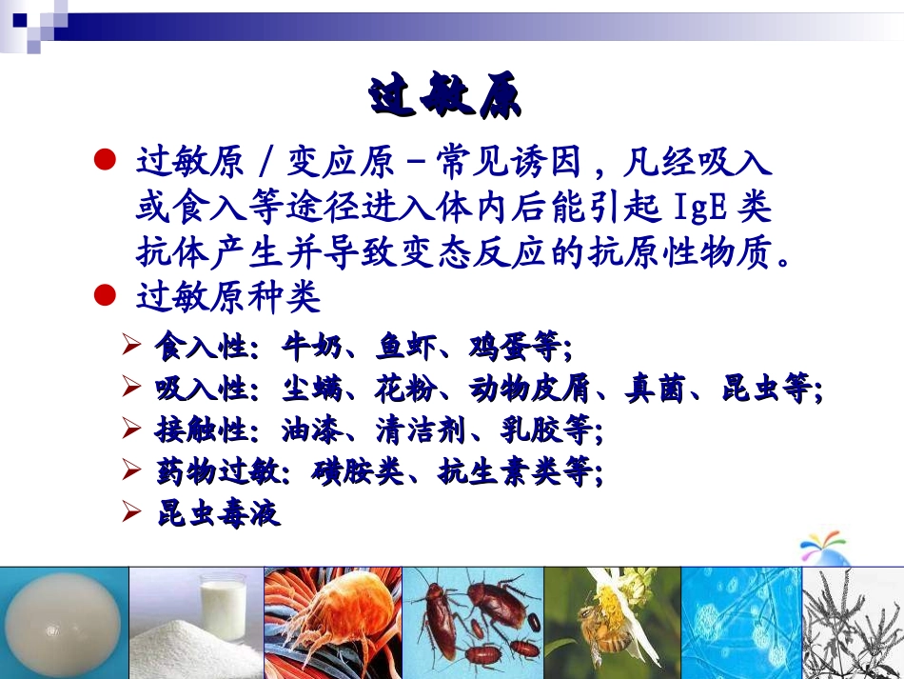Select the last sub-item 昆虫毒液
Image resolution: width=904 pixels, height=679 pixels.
click(217, 513)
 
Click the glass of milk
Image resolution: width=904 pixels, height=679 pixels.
click(222, 604)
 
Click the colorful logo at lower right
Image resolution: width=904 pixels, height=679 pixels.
click(823, 548)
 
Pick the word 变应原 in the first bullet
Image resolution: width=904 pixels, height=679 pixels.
click(337, 164)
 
